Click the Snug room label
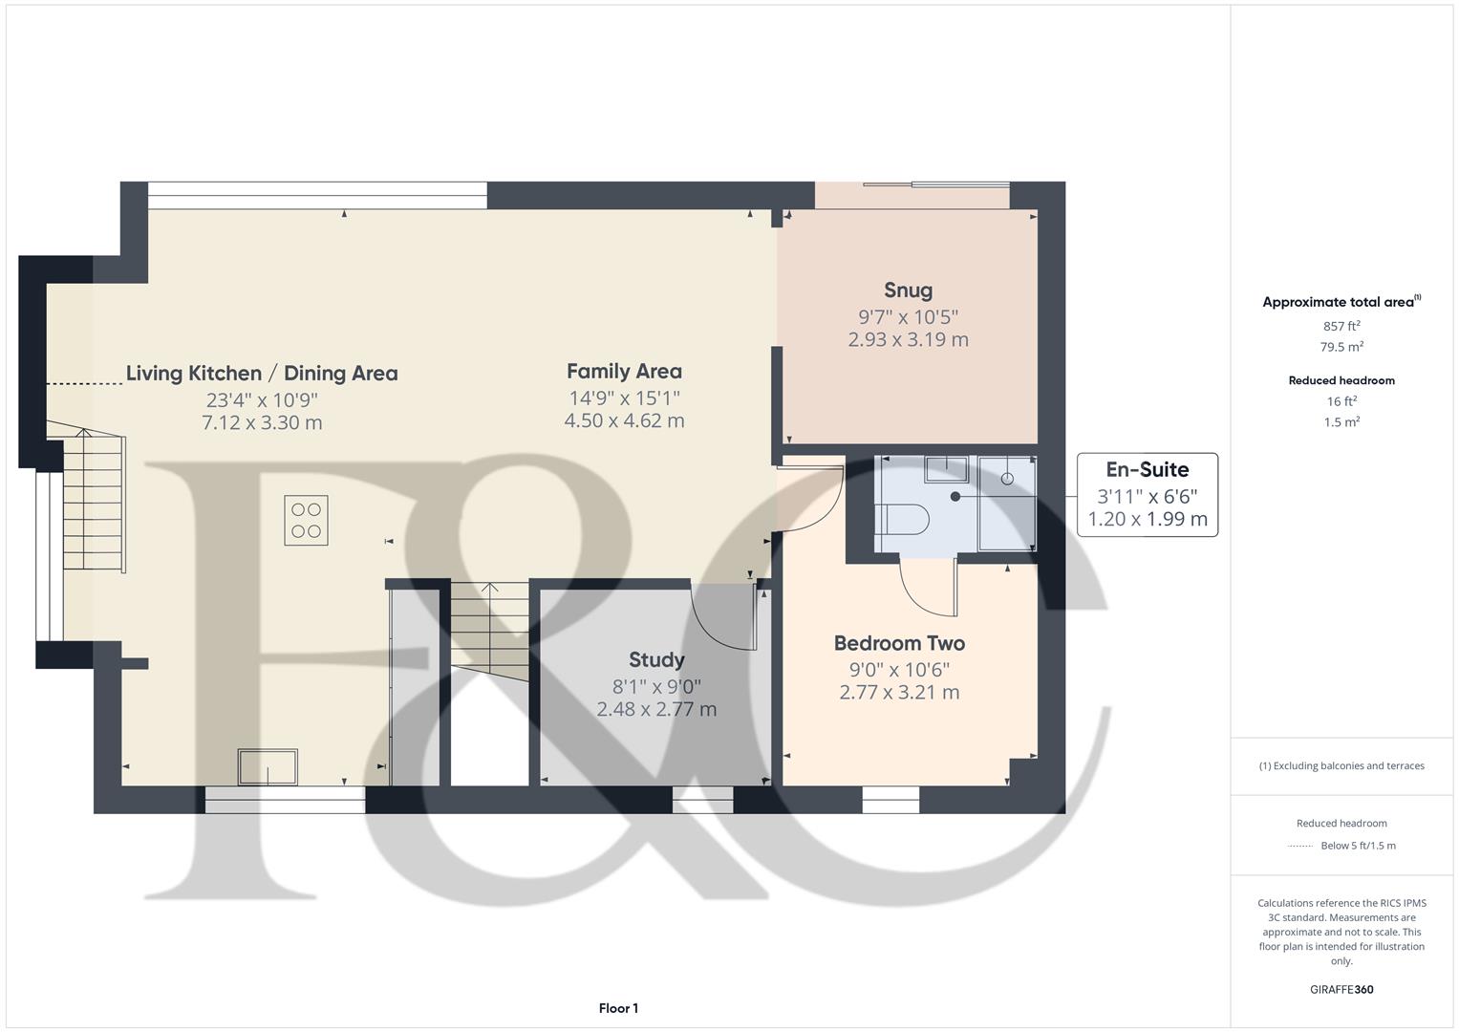click(x=908, y=290)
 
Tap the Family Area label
click(x=624, y=372)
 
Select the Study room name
click(x=656, y=660)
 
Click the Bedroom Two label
click(x=899, y=644)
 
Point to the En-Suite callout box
click(x=1147, y=495)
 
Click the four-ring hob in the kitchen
click(x=306, y=521)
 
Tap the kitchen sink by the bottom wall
click(x=268, y=767)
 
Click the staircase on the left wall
click(x=94, y=502)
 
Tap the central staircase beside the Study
click(x=488, y=631)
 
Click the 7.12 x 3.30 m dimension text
click(x=262, y=422)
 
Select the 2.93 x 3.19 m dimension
click(x=908, y=339)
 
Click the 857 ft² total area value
click(x=1341, y=326)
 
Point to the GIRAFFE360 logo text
click(x=1341, y=989)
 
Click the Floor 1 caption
click(x=618, y=1008)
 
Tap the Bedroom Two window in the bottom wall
click(x=890, y=800)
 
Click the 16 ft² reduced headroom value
click(x=1341, y=401)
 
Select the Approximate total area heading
click(x=1341, y=302)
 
